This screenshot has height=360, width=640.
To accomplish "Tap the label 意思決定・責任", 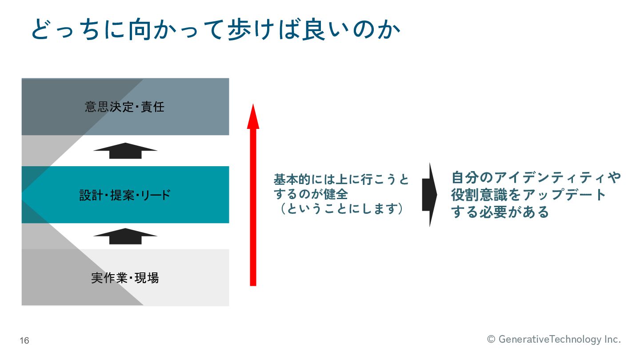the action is click(x=125, y=107).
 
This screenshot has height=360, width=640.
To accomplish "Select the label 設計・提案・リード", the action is click(x=125, y=195).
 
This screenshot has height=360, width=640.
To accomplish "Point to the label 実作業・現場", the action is click(x=125, y=278).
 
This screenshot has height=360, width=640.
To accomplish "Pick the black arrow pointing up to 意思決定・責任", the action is click(x=125, y=151).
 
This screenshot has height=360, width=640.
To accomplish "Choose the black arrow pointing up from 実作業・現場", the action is click(x=125, y=236).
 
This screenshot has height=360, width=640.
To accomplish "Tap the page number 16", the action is click(x=24, y=341).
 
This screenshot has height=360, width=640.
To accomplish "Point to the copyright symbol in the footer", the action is click(x=491, y=340).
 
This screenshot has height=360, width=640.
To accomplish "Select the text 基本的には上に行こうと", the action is click(x=341, y=180).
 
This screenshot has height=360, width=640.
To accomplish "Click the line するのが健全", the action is click(x=311, y=194).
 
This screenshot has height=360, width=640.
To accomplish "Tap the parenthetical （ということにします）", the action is click(x=341, y=209).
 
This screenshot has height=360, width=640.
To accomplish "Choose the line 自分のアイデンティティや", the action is click(x=536, y=178).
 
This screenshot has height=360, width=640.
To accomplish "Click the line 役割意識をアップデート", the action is click(x=529, y=195).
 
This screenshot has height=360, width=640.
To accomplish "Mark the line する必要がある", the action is click(x=500, y=212).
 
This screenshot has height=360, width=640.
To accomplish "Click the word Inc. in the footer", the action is click(x=612, y=340).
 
